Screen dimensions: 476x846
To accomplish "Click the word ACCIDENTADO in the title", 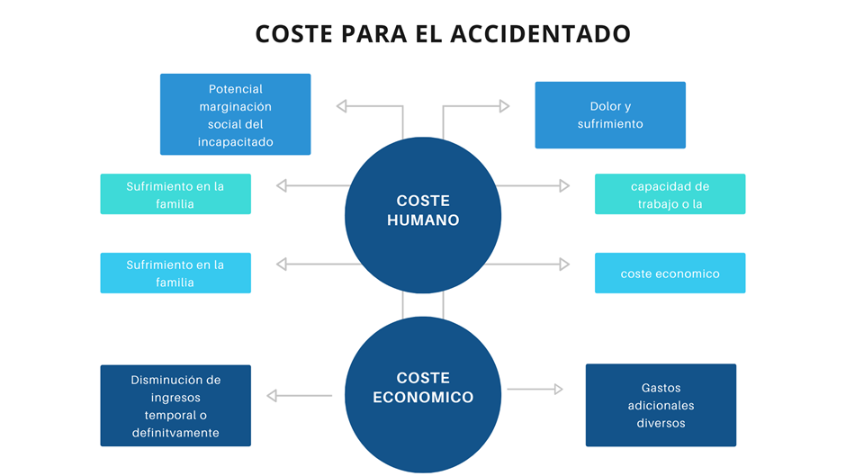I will (540, 33).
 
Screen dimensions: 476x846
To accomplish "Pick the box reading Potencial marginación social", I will (235, 114).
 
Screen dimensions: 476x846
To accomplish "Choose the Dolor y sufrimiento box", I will (610, 115).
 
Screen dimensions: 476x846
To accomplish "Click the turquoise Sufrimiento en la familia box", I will (175, 194).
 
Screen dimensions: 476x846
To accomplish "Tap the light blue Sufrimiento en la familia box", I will (175, 273).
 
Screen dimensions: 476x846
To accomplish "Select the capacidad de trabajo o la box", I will (670, 194).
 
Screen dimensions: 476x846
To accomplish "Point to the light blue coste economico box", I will (670, 274).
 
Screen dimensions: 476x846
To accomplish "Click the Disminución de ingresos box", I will (175, 406).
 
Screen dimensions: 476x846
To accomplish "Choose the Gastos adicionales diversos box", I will (661, 405).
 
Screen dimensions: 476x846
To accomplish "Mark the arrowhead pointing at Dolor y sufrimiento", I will (504, 106).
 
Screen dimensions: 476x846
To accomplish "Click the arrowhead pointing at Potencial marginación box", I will (342, 106).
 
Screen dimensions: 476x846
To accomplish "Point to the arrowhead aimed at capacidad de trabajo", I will (564, 185).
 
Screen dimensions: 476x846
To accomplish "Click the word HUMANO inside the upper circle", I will (423, 220).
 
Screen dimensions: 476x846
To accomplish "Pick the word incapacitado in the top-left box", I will (235, 141).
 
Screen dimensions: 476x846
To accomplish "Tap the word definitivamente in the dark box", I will (175, 433).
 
